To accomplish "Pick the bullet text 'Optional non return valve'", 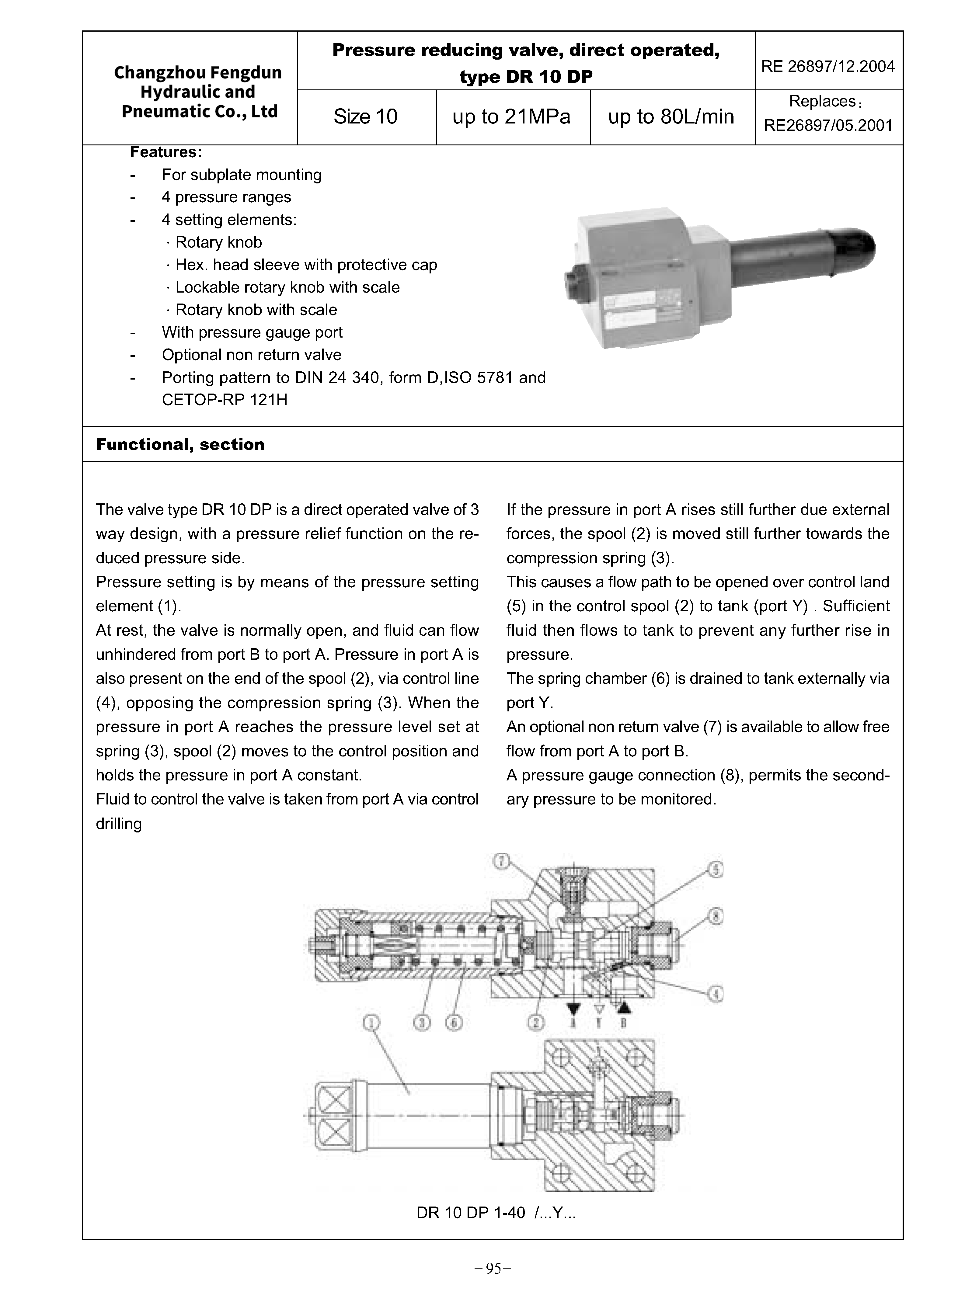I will tap(252, 355).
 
